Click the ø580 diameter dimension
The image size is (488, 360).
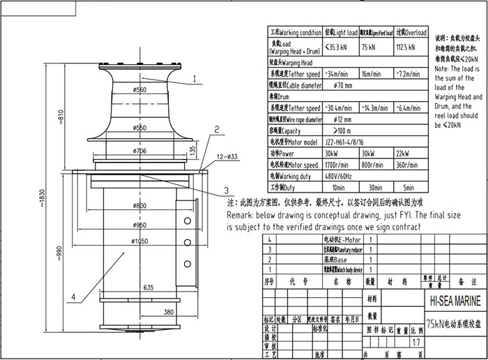click(139, 90)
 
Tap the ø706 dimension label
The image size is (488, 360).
click(139, 150)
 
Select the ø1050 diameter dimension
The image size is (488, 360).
click(139, 241)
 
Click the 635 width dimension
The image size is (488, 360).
click(148, 287)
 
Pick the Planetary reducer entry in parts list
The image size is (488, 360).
click(321, 248)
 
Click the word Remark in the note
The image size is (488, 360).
click(246, 216)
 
